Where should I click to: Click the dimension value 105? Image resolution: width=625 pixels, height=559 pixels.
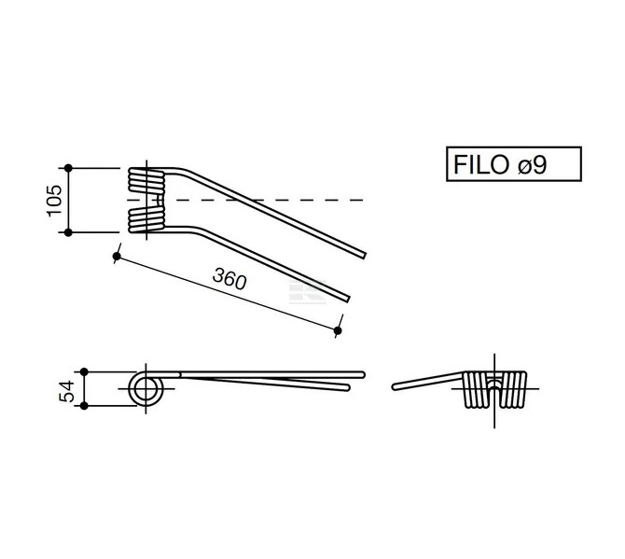click(x=55, y=201)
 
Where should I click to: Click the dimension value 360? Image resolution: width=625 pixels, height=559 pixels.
click(x=229, y=279)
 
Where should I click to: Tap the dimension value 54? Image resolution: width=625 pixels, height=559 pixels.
click(x=66, y=391)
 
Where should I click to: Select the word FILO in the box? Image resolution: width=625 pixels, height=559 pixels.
click(x=481, y=164)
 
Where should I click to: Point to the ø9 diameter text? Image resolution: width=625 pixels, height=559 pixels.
click(x=532, y=164)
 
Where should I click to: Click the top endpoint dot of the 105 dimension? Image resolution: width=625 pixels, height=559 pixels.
click(x=68, y=168)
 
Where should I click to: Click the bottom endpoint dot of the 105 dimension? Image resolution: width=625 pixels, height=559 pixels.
click(x=68, y=232)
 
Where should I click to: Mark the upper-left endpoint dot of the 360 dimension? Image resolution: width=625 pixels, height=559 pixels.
click(x=117, y=256)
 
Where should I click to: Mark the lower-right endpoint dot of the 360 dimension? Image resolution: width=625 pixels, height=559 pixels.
click(x=338, y=330)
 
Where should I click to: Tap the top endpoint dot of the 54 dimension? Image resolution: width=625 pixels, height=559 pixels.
click(x=84, y=371)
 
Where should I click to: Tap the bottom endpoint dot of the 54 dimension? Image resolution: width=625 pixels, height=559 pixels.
click(x=84, y=406)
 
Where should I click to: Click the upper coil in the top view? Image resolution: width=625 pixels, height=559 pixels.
click(x=146, y=181)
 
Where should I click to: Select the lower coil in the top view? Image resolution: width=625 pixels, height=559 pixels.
click(x=146, y=219)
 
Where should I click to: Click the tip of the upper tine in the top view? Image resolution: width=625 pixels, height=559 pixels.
click(x=364, y=256)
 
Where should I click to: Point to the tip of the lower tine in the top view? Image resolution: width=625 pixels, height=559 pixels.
click(x=348, y=299)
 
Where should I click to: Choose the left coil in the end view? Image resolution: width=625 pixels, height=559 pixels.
click(x=477, y=389)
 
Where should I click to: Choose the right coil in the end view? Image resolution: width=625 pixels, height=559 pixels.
click(x=513, y=389)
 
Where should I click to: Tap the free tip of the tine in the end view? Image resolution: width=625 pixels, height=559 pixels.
click(x=395, y=386)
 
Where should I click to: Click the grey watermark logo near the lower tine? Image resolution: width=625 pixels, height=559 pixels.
click(x=308, y=291)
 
